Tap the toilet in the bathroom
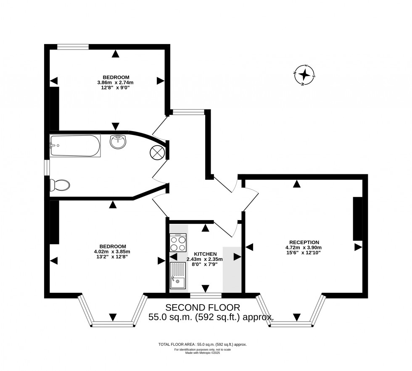(60, 184)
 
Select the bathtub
(75, 145)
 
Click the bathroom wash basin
(118, 141)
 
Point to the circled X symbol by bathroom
(158, 153)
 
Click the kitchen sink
(178, 276)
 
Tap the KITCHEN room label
(205, 254)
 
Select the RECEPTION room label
(302, 242)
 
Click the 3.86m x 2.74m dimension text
(115, 82)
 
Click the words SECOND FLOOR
(203, 307)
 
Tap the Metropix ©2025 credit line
(203, 353)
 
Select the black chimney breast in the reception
(357, 218)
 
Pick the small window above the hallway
(188, 112)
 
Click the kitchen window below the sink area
(206, 295)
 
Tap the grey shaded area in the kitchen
(232, 269)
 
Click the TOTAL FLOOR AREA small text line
(203, 345)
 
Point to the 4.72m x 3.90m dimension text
(302, 247)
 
